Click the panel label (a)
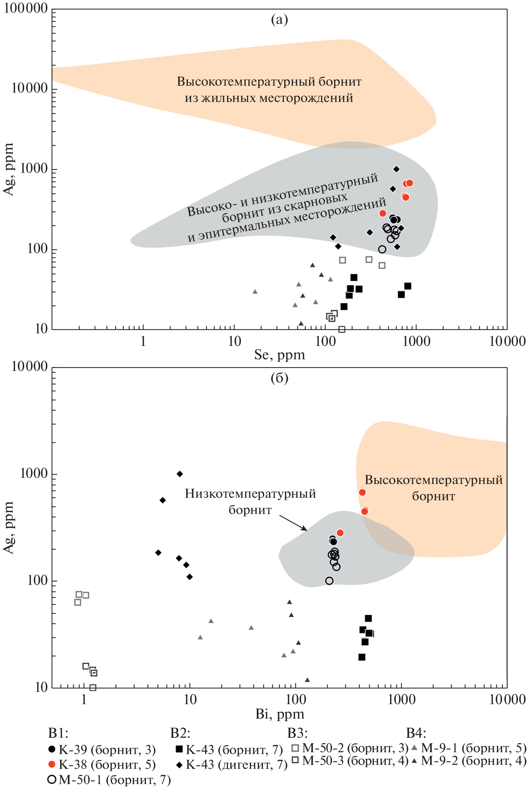[279, 20]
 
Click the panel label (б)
[279, 378]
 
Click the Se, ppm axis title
[279, 355]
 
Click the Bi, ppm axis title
[279, 714]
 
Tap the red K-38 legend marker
[52, 765]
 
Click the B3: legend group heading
[297, 733]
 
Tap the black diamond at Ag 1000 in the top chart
[396, 169]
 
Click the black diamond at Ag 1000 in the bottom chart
[180, 474]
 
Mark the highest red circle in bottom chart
[362, 492]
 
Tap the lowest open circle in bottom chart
[329, 581]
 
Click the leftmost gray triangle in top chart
[255, 291]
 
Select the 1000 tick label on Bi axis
[401, 700]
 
